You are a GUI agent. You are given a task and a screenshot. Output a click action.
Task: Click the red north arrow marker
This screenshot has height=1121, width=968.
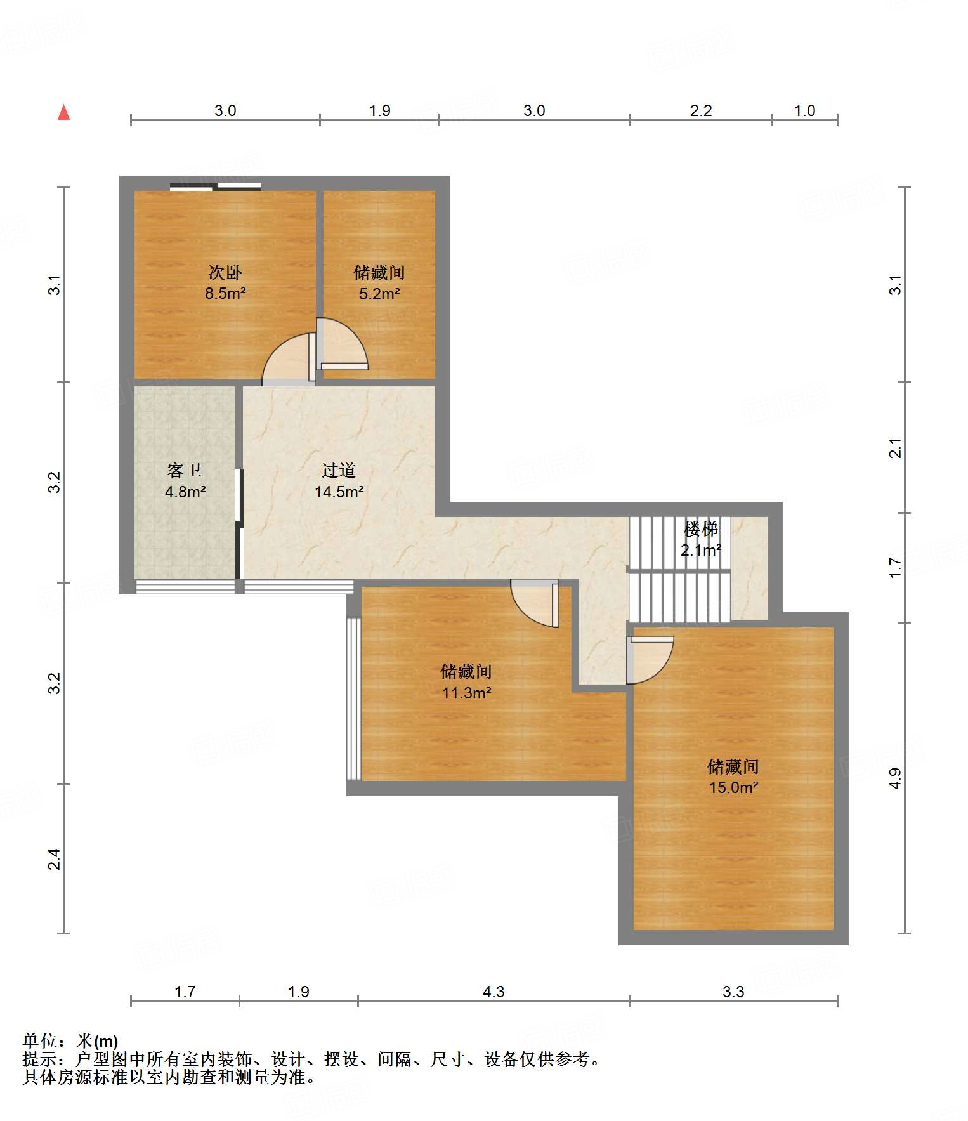pos(63,112)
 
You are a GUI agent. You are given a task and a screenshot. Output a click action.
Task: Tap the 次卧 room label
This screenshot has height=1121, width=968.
pos(225,273)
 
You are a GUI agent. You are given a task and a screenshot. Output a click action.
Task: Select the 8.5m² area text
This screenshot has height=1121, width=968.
pos(225,293)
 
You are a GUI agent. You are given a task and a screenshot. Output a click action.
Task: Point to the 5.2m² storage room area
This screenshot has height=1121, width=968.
pos(379,294)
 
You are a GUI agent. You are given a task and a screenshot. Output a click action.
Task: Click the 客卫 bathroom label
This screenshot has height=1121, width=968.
pos(185,470)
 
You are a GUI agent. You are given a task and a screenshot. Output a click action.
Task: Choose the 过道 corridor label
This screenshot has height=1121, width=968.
pos(339,470)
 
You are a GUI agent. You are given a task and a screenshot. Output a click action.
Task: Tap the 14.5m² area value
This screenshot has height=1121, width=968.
pos(339,492)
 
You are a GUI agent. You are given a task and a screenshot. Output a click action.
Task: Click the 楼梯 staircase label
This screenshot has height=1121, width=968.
pos(701,528)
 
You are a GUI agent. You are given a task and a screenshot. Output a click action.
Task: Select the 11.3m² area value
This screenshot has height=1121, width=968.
pos(466,693)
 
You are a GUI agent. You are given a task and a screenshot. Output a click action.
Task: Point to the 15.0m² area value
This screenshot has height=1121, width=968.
pos(734,787)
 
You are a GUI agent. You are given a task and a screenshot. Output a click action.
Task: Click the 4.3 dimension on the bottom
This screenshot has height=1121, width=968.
pos(494,992)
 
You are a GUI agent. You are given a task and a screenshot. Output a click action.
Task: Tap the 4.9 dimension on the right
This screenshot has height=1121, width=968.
pos(894,778)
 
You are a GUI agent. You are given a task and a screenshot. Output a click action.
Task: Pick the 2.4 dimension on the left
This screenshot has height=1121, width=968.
pos(55,859)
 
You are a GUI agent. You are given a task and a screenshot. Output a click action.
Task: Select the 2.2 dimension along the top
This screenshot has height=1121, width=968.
pos(701,110)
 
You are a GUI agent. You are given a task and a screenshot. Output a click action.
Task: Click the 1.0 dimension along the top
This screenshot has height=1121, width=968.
pos(804,110)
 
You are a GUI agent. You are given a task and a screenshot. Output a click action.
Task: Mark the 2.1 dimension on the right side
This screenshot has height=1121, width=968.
pos(894,448)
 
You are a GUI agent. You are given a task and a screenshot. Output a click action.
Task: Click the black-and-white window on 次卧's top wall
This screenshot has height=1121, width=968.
pos(216,187)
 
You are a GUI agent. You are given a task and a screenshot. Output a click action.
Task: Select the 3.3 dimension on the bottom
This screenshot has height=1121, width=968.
pos(733,992)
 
